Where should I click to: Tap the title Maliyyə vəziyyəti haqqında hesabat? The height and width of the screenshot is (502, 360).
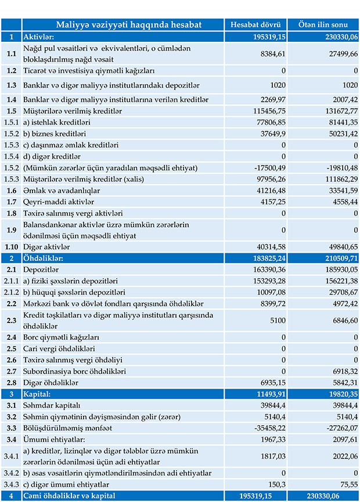129,25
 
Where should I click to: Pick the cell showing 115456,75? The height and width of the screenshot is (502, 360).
267,110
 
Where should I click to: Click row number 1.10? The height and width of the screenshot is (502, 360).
11,246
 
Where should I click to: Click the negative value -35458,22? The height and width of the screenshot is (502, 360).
268,428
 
